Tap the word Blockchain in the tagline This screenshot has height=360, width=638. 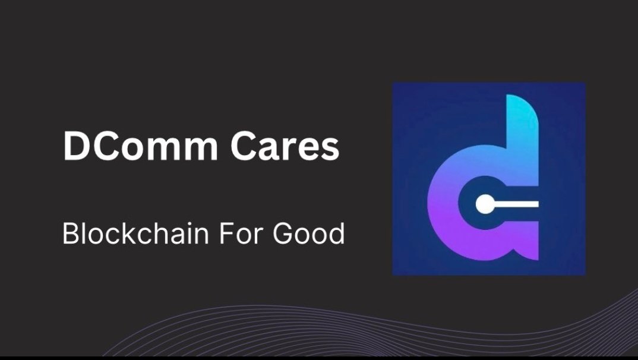(135, 233)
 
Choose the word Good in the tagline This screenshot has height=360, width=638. (309, 233)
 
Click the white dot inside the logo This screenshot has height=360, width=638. (486, 204)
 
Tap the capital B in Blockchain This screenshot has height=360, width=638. (70, 233)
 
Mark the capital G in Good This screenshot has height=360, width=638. (283, 233)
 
